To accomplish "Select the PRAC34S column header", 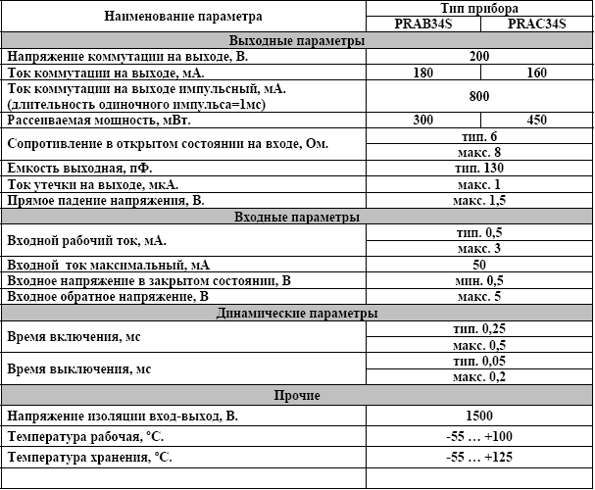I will click(538, 24).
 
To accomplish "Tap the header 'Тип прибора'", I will click(479, 8).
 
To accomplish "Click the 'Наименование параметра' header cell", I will click(184, 16).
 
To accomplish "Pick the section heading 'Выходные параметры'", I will click(296, 41).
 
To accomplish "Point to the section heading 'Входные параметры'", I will click(296, 217).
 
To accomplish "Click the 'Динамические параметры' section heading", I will click(296, 314).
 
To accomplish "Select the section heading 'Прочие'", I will click(296, 395).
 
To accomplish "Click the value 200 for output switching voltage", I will click(479, 57).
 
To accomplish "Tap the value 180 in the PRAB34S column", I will click(424, 73).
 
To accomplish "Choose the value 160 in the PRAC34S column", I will click(536, 73).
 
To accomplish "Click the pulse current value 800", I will click(479, 96).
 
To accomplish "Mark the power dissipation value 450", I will click(536, 120).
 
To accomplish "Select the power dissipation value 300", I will click(424, 120).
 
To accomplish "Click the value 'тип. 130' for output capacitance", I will click(479, 169).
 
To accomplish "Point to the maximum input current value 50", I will click(479, 265).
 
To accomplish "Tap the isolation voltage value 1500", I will click(479, 416).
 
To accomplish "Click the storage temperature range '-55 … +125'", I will click(479, 458).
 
